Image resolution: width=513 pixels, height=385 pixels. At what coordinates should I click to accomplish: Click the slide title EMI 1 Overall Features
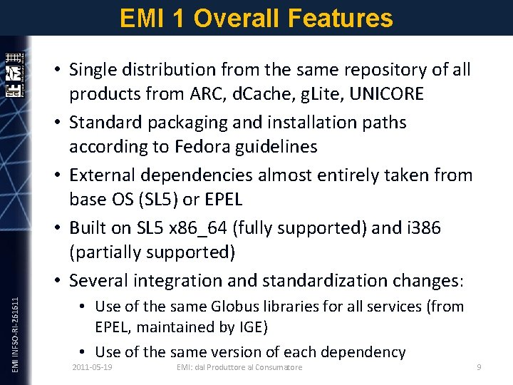click(256, 18)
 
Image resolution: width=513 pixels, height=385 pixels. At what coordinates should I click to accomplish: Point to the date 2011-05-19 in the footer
click(96, 367)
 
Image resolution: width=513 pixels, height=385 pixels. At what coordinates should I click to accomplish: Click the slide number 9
click(479, 367)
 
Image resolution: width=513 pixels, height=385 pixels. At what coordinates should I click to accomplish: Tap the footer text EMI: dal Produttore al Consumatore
click(239, 367)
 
